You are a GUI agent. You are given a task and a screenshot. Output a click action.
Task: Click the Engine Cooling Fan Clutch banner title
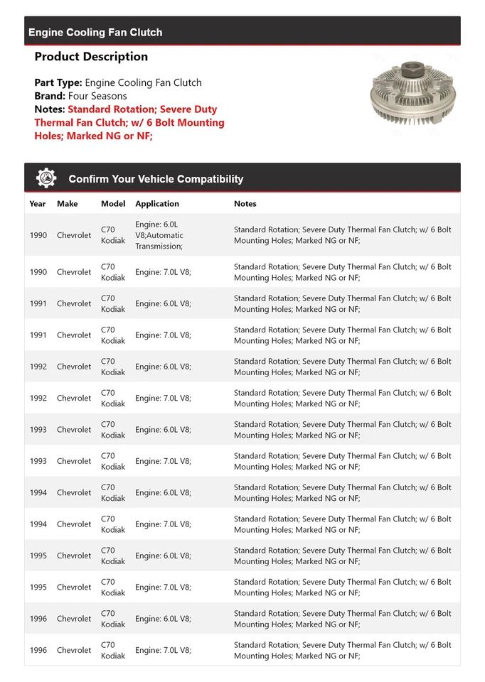tap(95, 32)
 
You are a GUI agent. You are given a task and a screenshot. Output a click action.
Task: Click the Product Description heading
tap(91, 57)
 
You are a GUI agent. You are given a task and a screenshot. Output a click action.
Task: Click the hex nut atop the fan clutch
tap(412, 71)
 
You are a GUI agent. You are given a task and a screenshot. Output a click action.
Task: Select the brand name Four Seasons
tap(97, 96)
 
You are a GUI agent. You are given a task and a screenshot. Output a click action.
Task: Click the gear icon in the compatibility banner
tap(46, 178)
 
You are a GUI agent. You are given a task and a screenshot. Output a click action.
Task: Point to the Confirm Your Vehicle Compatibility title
tap(156, 179)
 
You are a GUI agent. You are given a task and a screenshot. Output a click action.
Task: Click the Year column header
tap(38, 204)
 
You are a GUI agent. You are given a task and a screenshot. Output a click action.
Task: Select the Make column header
tap(68, 204)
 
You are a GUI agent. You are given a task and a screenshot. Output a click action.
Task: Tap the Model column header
tap(113, 204)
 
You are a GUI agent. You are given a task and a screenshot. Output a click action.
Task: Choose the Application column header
tap(157, 204)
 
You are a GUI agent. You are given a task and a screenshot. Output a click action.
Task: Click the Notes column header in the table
tap(245, 204)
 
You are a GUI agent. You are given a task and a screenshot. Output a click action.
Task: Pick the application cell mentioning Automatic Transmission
tap(159, 235)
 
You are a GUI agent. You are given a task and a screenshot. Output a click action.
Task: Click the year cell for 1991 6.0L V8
tap(38, 303)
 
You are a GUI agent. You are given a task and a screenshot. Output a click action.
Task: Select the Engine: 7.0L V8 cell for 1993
tap(163, 461)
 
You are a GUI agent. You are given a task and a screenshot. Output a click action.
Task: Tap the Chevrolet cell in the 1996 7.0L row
tap(74, 650)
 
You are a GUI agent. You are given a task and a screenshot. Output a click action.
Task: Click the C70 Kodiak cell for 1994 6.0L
tap(112, 492)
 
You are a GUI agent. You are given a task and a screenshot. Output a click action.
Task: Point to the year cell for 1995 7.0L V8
tap(38, 587)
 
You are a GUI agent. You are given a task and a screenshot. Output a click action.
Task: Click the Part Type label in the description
tap(58, 82)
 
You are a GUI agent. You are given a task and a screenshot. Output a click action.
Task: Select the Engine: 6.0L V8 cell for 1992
tap(163, 367)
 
